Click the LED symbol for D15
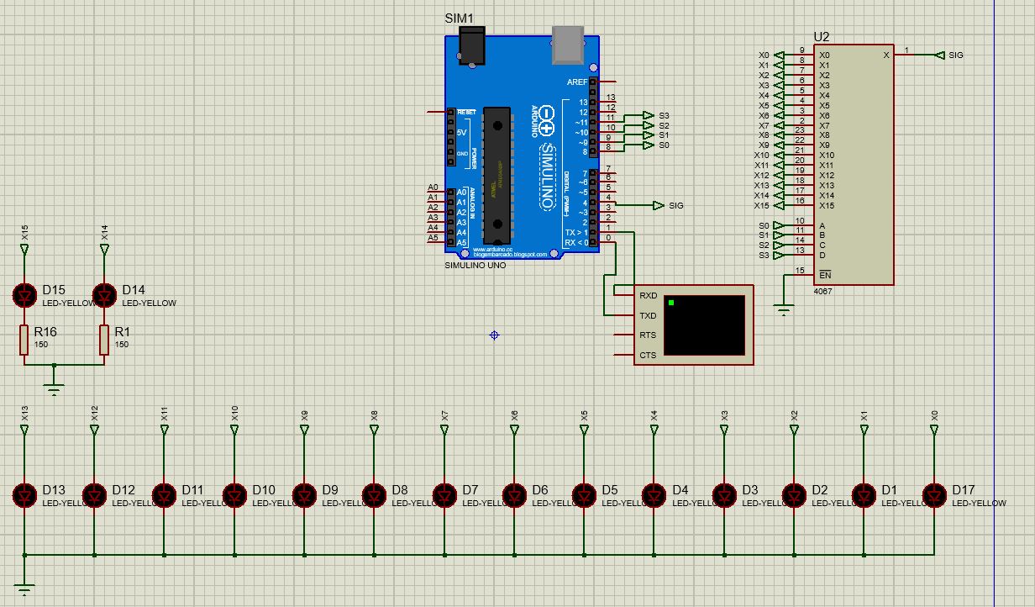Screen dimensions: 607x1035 [x=25, y=295]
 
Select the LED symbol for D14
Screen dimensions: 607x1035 [x=104, y=295]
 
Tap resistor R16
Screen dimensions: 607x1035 [x=25, y=340]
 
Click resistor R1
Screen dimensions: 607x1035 [x=104, y=340]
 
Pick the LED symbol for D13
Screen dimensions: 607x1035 [x=25, y=495]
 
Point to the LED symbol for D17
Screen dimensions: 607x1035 [x=934, y=495]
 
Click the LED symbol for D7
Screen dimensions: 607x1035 [x=445, y=495]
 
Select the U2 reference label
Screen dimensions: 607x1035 [x=821, y=37]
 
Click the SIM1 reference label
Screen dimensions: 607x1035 [x=459, y=18]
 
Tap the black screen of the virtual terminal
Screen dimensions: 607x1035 [x=704, y=325]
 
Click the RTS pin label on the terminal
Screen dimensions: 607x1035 [x=648, y=335]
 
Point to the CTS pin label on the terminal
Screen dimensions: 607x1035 [x=648, y=356]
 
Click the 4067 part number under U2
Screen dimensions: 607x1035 [x=822, y=291]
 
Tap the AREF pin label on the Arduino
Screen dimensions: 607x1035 [x=577, y=82]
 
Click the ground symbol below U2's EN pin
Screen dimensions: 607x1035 [x=784, y=312]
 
